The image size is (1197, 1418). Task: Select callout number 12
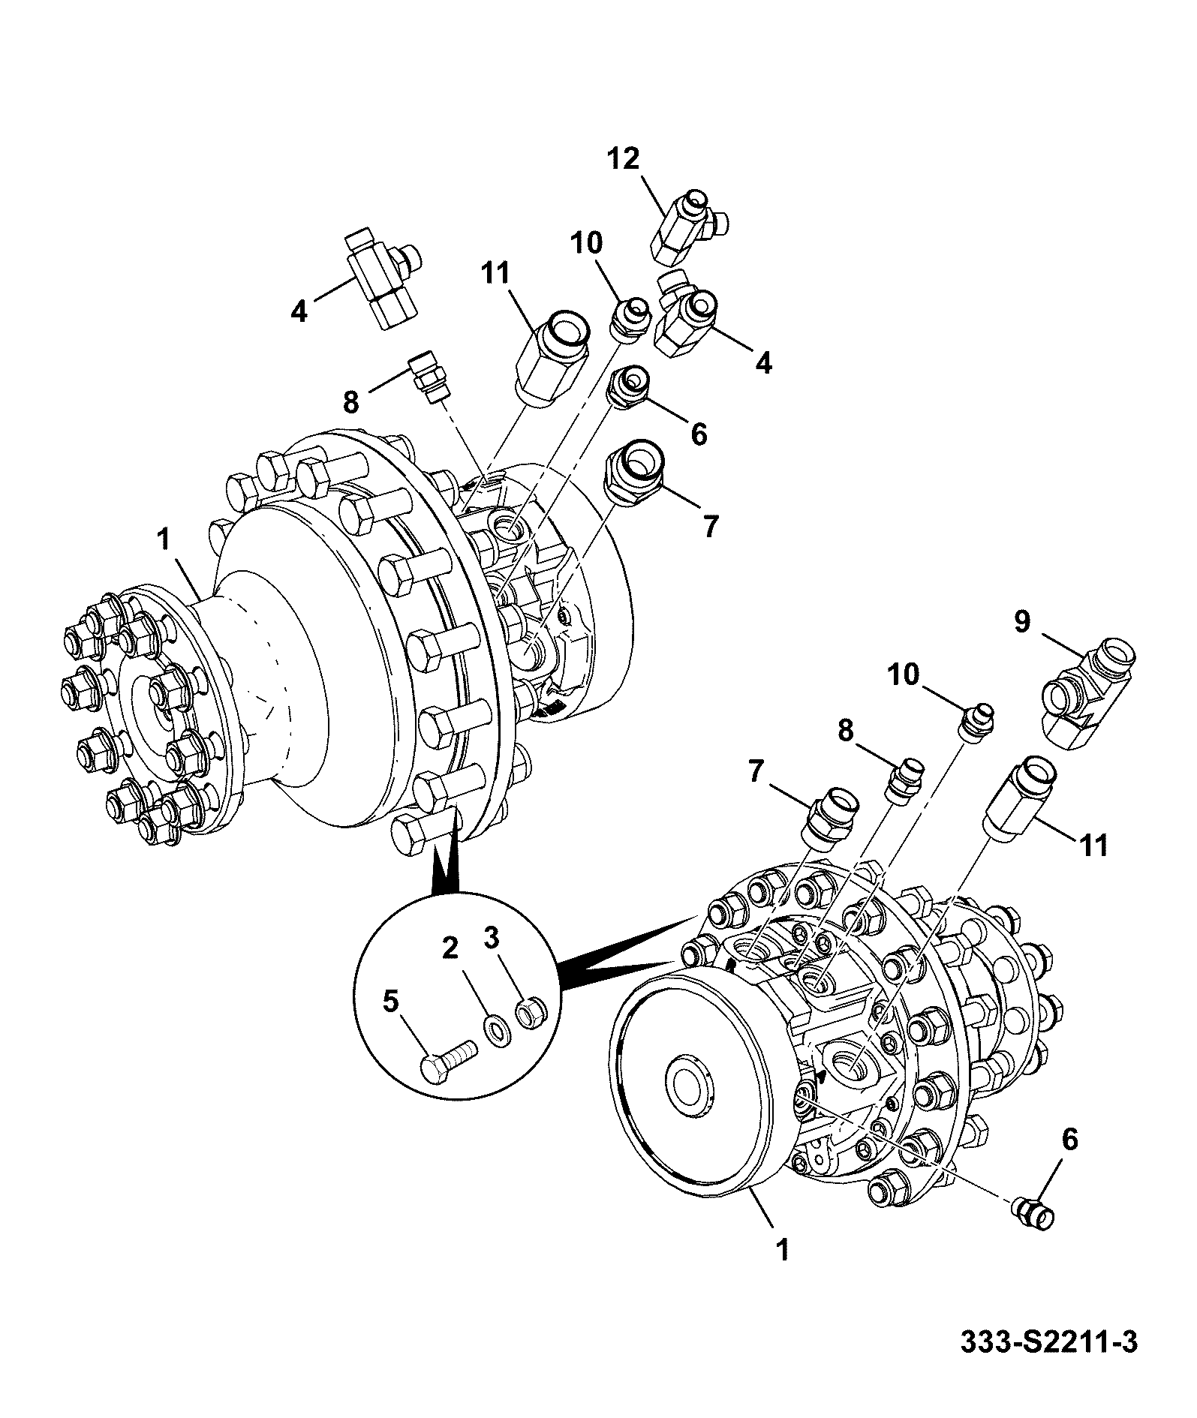click(624, 159)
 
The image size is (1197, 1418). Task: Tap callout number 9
click(1023, 622)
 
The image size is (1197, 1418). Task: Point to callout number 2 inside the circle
click(450, 949)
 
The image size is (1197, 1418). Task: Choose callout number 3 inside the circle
click(491, 937)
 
